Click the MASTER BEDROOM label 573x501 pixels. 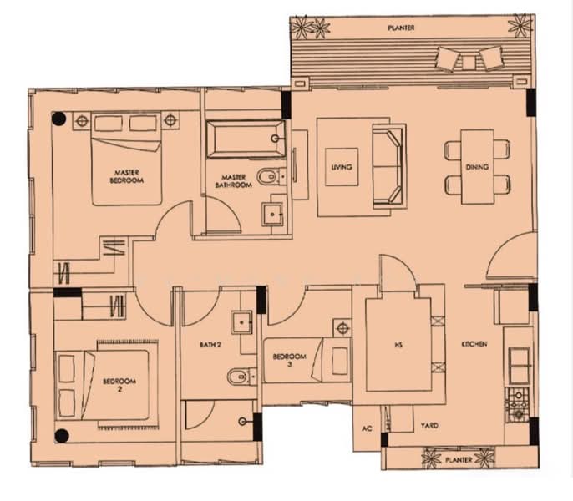[127, 176]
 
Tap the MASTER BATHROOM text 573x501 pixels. [234, 181]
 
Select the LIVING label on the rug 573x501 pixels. [342, 167]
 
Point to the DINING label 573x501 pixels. [477, 167]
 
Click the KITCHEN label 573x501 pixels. [474, 344]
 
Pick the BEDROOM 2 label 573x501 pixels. [119, 385]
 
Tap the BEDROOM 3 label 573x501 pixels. [289, 360]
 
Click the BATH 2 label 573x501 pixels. [210, 345]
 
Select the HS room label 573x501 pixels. [398, 345]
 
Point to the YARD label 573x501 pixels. [429, 425]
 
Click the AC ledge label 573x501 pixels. [367, 428]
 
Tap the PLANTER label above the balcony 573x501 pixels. [401, 28]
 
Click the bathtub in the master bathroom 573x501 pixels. [246, 139]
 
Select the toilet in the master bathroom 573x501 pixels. [271, 177]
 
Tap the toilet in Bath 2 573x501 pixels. [241, 377]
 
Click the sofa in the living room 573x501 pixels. [389, 166]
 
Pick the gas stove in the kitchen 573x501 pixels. [517, 404]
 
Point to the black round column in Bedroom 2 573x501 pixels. [62, 436]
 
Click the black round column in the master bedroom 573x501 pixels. [58, 119]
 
